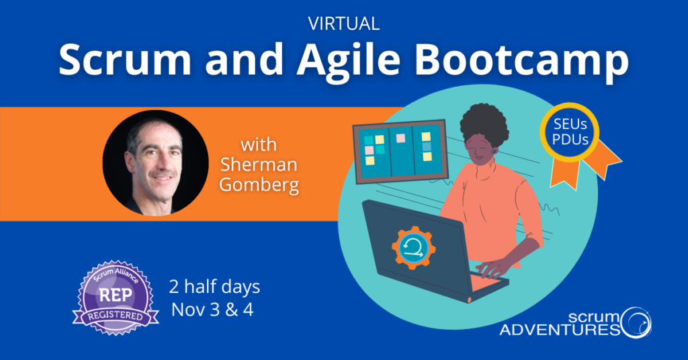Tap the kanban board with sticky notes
[400, 150]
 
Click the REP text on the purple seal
[116, 294]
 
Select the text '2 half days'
[215, 288]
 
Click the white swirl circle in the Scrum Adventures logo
[634, 320]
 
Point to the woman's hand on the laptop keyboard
[494, 268]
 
